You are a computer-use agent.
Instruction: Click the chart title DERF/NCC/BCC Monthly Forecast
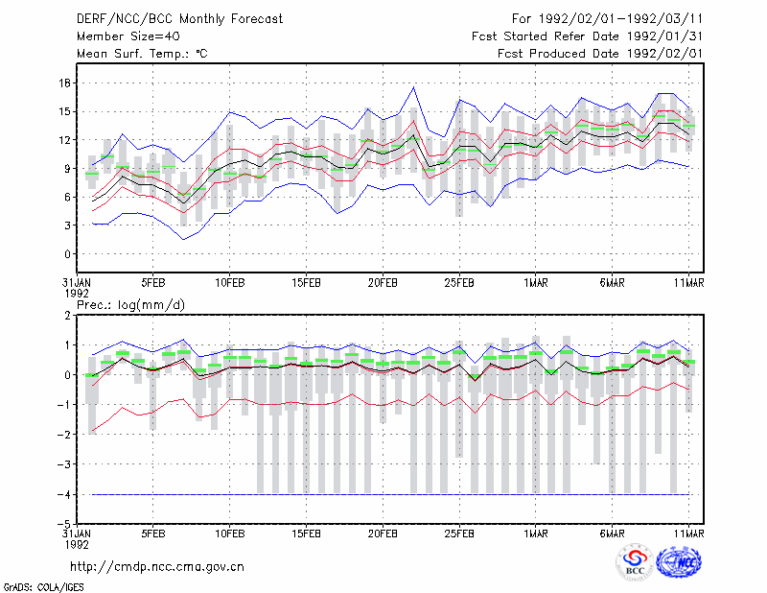(179, 19)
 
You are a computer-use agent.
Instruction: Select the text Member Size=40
(128, 36)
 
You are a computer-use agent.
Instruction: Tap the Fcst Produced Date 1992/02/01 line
(600, 54)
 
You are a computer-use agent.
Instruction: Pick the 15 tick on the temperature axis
(64, 111)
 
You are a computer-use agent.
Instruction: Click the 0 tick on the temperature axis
(67, 254)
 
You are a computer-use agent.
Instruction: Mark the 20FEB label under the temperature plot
(383, 283)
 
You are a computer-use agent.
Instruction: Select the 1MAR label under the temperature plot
(536, 283)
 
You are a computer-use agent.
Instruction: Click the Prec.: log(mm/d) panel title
(130, 305)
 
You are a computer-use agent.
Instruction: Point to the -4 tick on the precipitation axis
(63, 494)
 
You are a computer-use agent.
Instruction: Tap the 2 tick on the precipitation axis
(67, 316)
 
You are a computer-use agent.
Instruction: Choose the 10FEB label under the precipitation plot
(230, 534)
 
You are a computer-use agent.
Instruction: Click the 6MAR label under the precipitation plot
(612, 534)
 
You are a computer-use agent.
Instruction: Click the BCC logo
(635, 563)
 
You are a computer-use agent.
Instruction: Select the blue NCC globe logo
(679, 562)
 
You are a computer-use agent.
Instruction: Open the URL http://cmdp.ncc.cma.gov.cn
(157, 567)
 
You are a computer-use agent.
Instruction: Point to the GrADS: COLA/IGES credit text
(43, 587)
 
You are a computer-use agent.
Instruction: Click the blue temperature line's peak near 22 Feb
(413, 87)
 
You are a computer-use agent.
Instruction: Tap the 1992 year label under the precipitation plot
(77, 544)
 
